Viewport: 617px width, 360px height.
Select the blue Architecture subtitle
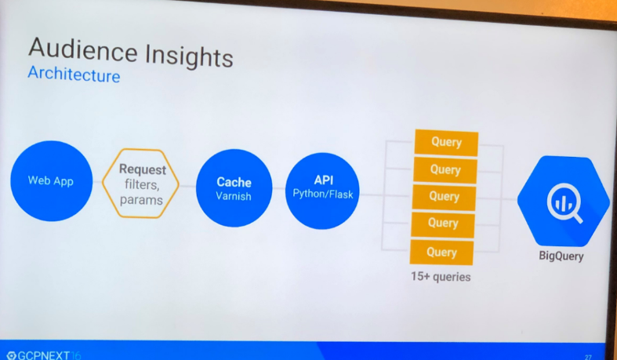[x=74, y=75]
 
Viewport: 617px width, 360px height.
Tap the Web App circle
[x=51, y=180]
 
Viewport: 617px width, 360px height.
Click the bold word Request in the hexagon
[x=142, y=169]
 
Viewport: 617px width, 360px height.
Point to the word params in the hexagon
[x=141, y=200]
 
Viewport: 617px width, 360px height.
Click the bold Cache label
[x=234, y=182]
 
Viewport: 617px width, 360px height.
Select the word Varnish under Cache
[x=234, y=196]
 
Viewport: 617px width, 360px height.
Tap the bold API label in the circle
[x=323, y=180]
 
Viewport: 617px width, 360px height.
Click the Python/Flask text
[x=323, y=193]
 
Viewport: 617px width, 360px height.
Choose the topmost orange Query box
[x=445, y=143]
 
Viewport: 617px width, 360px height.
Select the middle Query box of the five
[x=445, y=196]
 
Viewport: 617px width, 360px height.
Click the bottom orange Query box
[x=441, y=252]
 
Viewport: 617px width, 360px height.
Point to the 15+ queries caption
[x=440, y=276]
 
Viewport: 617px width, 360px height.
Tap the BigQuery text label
[x=561, y=256]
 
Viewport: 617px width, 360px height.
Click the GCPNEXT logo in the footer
[x=43, y=355]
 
